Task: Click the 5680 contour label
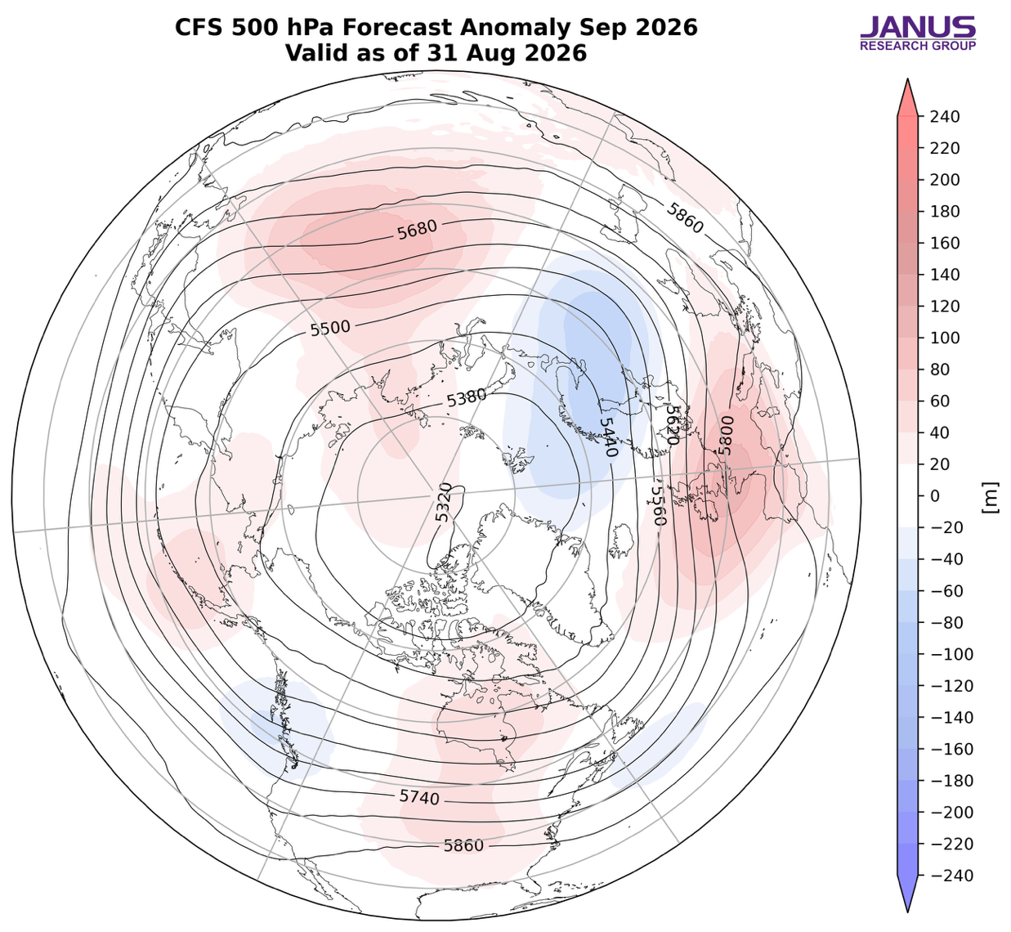click(418, 231)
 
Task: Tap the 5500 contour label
click(330, 329)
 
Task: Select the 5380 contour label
click(467, 398)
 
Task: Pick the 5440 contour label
click(609, 437)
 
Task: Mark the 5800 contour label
click(726, 435)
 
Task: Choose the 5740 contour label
click(419, 797)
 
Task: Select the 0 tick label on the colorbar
click(936, 496)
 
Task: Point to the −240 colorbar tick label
click(951, 876)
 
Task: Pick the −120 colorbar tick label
click(951, 686)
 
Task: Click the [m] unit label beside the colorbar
click(991, 498)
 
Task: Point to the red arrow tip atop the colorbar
click(908, 79)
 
